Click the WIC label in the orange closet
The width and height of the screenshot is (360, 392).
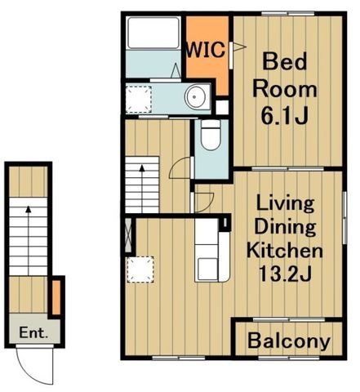point(206,50)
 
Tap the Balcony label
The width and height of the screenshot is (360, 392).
point(289,341)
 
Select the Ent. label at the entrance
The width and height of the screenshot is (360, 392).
point(33,332)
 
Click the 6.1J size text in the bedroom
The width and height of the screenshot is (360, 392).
point(285,115)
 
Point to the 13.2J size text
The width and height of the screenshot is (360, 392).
point(285,274)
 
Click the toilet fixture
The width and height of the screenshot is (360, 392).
point(211,135)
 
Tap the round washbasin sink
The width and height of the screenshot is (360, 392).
point(195,96)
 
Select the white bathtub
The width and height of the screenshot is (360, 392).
point(153,33)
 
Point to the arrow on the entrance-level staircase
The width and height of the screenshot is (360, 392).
point(29,240)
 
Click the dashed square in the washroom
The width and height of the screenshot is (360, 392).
point(139,100)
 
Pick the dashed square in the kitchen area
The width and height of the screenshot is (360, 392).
point(140,269)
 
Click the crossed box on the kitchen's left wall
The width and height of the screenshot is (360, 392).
point(128,235)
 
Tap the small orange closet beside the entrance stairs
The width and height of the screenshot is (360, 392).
point(56,297)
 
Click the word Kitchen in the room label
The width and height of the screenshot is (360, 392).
point(285,251)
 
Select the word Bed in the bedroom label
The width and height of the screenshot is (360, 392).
point(285,61)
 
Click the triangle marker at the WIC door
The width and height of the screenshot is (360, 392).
point(239,47)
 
